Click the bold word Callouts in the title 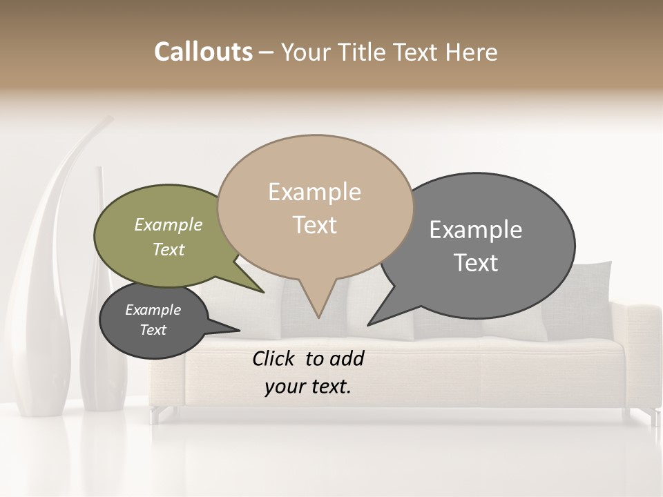203,52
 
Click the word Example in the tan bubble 314,192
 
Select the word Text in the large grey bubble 476,262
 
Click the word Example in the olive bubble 169,225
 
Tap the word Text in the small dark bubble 153,330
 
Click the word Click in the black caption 275,358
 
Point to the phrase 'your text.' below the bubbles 308,387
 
